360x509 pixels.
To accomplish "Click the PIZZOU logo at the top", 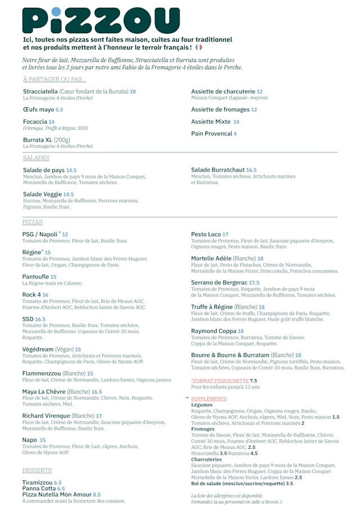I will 101,20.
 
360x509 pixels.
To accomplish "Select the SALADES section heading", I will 36,158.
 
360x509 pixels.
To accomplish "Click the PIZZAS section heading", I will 33,222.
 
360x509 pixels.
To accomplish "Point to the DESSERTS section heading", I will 37,470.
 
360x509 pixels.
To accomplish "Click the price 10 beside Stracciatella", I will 133,91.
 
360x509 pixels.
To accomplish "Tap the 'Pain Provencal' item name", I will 211,134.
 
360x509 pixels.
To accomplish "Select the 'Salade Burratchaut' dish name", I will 218,170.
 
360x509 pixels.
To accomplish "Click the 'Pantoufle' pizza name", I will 35,277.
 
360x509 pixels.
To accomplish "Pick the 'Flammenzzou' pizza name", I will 41,373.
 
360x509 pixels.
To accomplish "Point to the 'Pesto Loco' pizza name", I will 206,235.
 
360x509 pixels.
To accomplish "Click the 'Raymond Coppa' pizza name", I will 213,331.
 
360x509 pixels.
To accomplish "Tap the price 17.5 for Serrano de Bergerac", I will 254,283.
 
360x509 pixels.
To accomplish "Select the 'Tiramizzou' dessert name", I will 37,483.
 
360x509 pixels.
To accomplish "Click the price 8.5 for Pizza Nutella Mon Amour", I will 97,495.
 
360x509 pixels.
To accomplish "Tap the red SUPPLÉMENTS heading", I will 209,399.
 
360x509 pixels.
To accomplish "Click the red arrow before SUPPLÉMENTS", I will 187,398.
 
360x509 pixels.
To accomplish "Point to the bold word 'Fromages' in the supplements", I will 202,429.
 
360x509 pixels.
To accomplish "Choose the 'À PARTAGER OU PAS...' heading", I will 55,79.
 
